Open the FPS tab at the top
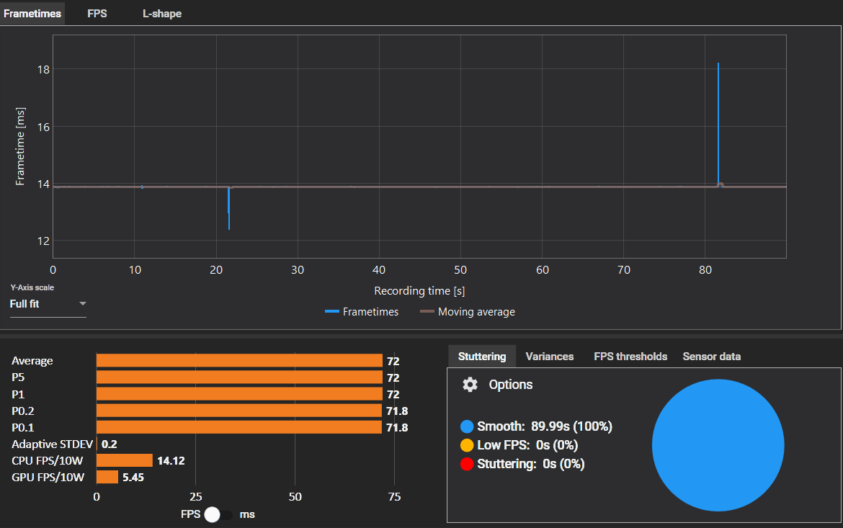(x=97, y=13)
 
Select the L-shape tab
(x=162, y=13)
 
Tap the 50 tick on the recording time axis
(x=461, y=270)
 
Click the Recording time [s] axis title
(x=419, y=291)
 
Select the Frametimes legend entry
(x=362, y=312)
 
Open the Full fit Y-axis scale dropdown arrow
(x=83, y=304)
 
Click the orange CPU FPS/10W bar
(x=125, y=460)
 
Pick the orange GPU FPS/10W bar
(x=107, y=477)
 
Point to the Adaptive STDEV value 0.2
(x=110, y=444)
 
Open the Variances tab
(x=550, y=357)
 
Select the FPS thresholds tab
(x=630, y=357)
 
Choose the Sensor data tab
(x=712, y=357)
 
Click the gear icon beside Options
(x=470, y=385)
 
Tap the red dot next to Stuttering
(x=468, y=464)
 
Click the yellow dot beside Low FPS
(x=468, y=445)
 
